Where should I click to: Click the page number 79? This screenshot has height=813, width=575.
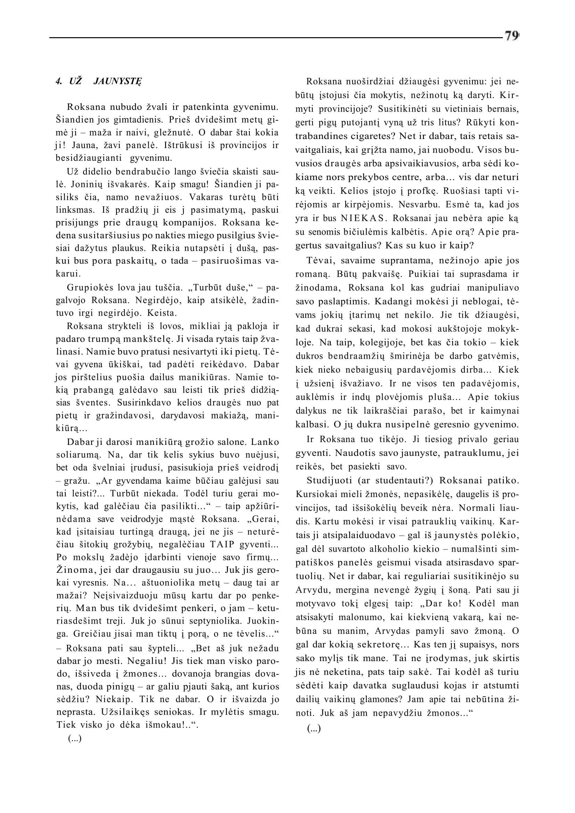(x=511, y=36)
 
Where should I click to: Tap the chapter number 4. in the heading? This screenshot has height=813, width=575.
(x=59, y=81)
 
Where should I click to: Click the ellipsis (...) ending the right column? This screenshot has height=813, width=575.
(x=313, y=729)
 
